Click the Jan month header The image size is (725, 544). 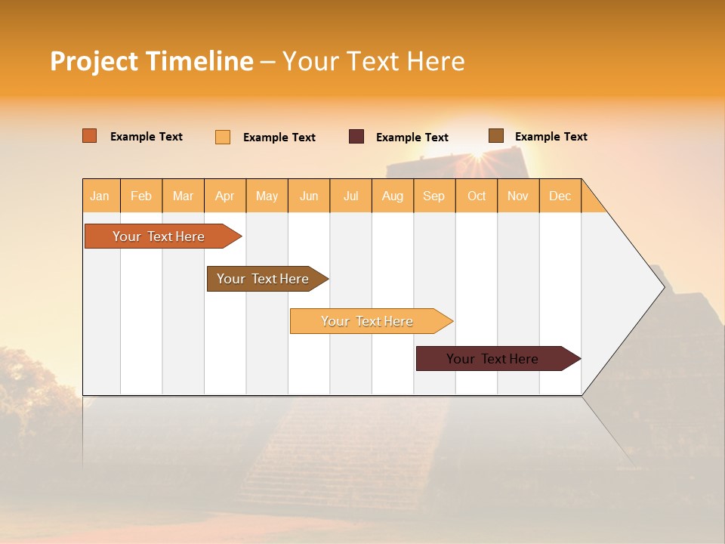click(100, 196)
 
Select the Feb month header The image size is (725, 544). click(141, 196)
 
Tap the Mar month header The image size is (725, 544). click(183, 196)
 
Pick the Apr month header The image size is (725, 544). click(225, 196)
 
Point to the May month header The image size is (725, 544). click(267, 196)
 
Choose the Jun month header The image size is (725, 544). click(309, 196)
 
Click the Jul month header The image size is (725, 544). click(350, 196)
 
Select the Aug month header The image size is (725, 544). click(393, 196)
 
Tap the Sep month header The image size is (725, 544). click(434, 196)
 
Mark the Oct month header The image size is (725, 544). click(477, 196)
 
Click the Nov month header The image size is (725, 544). click(518, 196)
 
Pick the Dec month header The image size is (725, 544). click(560, 196)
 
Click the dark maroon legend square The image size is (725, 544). click(356, 137)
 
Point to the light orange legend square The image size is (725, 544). click(223, 137)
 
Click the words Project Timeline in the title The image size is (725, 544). click(152, 61)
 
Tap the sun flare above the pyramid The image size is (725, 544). click(477, 156)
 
